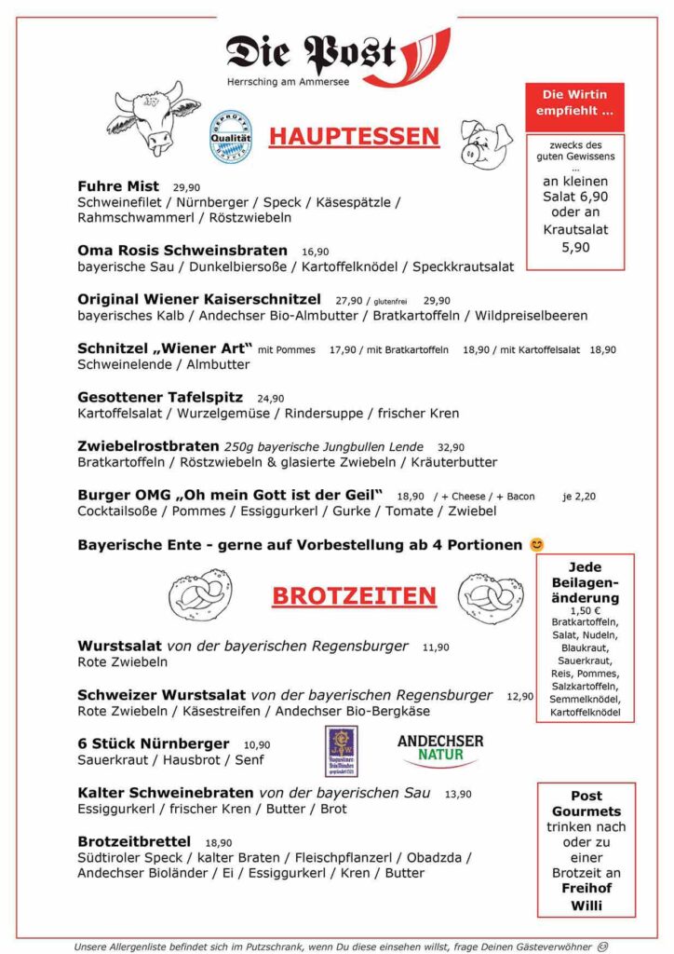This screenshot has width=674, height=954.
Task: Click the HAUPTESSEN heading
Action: (354, 137)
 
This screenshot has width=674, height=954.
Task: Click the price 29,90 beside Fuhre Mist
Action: (186, 187)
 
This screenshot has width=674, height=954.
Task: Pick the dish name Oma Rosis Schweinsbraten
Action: (182, 251)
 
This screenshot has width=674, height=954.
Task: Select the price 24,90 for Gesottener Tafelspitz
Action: (271, 398)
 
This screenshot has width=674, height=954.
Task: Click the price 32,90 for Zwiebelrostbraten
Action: (451, 447)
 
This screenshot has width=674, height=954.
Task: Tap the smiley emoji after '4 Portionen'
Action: (536, 544)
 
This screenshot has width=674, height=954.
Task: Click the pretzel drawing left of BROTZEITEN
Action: (207, 595)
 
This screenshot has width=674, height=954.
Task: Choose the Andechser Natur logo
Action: (439, 749)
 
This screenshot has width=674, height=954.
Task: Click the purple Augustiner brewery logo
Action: (341, 751)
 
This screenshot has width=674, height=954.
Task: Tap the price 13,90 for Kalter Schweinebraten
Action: (458, 794)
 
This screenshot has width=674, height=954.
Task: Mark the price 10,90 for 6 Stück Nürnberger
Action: (257, 744)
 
